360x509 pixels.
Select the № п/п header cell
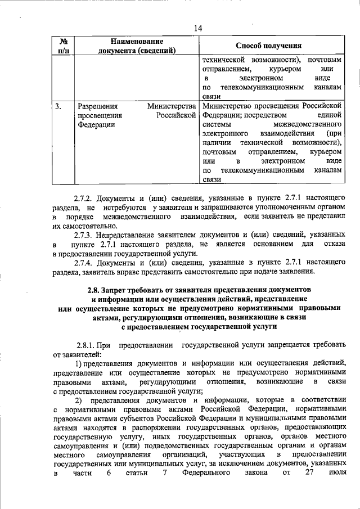(x=63, y=46)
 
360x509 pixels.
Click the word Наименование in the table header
(x=137, y=41)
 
